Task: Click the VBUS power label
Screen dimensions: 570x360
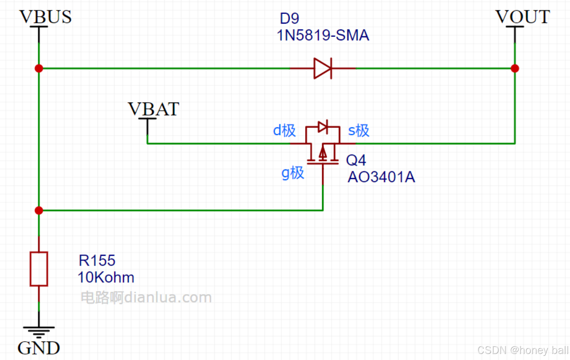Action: tap(45, 17)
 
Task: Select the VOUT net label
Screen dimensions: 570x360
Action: tap(523, 17)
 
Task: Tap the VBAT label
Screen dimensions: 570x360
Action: tap(153, 109)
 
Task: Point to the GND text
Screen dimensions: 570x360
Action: tap(39, 348)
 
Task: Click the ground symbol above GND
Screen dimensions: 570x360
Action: tap(39, 331)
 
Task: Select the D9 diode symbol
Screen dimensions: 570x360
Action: tap(322, 68)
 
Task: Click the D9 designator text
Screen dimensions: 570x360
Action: tap(289, 18)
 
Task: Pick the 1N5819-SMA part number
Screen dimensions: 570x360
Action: tap(323, 35)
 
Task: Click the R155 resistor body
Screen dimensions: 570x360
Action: tap(39, 269)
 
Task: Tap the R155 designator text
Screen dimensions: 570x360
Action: tap(97, 260)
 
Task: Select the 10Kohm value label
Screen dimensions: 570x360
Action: tap(106, 277)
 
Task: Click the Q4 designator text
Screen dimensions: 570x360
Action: tap(356, 160)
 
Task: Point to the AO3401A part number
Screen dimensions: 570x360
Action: tap(381, 177)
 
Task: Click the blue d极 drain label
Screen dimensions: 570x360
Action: tap(284, 130)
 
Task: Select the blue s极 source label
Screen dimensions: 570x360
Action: tap(358, 130)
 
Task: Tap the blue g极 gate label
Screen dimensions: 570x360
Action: tap(293, 173)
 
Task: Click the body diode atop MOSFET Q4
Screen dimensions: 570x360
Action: tap(323, 127)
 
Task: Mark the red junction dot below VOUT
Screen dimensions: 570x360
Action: tap(515, 68)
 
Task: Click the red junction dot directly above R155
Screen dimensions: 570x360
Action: tap(39, 210)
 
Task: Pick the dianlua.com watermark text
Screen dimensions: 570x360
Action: tap(146, 297)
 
